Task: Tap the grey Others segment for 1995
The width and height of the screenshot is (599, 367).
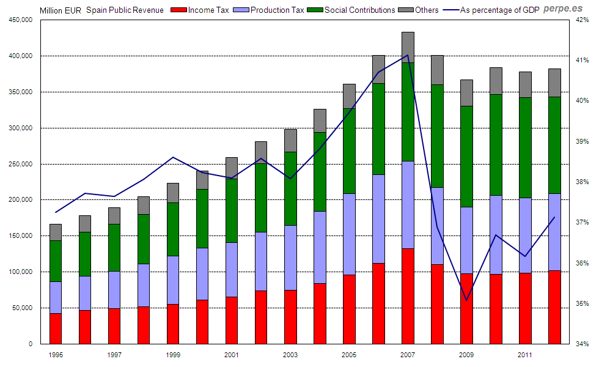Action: click(x=56, y=232)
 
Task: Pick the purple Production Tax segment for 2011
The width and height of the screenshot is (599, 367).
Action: click(x=525, y=235)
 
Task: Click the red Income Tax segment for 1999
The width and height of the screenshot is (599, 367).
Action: click(x=173, y=324)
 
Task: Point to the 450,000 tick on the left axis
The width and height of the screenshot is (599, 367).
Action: click(x=21, y=20)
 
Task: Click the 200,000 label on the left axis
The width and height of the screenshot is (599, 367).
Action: click(x=21, y=200)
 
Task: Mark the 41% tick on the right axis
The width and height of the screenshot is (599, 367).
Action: click(x=580, y=60)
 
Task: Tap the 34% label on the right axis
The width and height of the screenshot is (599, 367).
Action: click(x=580, y=344)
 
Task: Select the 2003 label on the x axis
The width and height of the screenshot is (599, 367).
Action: click(x=290, y=355)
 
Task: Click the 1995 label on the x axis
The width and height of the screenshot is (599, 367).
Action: click(x=56, y=355)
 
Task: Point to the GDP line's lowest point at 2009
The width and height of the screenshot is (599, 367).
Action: click(x=466, y=300)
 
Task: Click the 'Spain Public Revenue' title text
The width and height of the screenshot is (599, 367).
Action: click(x=125, y=10)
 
